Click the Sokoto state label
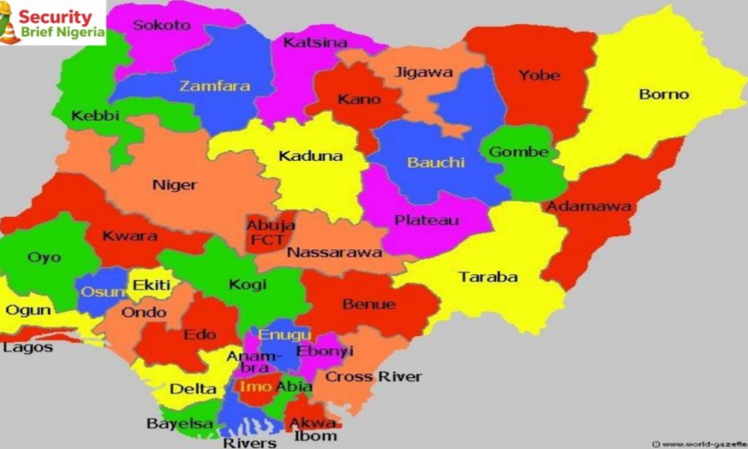pos(162,25)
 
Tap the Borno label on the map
pos(663,95)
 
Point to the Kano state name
pos(359,100)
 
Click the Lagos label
pos(28,348)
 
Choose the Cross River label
pos(373,376)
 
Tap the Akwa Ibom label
pos(313,429)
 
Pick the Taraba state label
pos(488,277)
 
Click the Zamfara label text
pos(214,86)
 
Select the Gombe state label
pos(518,152)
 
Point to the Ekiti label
pos(152,285)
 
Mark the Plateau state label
pos(426,221)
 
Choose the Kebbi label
pos(96,116)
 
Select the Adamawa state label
pos(587,207)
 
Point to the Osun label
pos(99,292)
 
